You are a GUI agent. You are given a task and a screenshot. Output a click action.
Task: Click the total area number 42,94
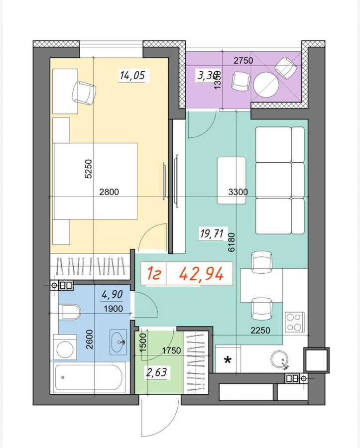(x=201, y=274)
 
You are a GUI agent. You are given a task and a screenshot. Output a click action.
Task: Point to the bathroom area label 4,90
(x=112, y=296)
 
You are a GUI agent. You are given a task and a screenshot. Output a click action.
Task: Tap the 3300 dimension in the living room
(x=238, y=192)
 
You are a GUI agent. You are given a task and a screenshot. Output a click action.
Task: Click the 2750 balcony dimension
(x=243, y=61)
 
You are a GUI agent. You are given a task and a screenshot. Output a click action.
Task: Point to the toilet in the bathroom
(x=69, y=313)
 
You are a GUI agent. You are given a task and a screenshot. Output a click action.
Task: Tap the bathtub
(x=89, y=378)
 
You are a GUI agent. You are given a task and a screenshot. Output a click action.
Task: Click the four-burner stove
(x=294, y=321)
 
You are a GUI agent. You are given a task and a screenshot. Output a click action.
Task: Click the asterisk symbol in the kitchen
(x=228, y=359)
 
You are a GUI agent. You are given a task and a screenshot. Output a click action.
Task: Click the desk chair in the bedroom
(x=84, y=93)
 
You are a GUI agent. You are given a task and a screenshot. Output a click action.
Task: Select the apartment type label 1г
(x=153, y=274)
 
